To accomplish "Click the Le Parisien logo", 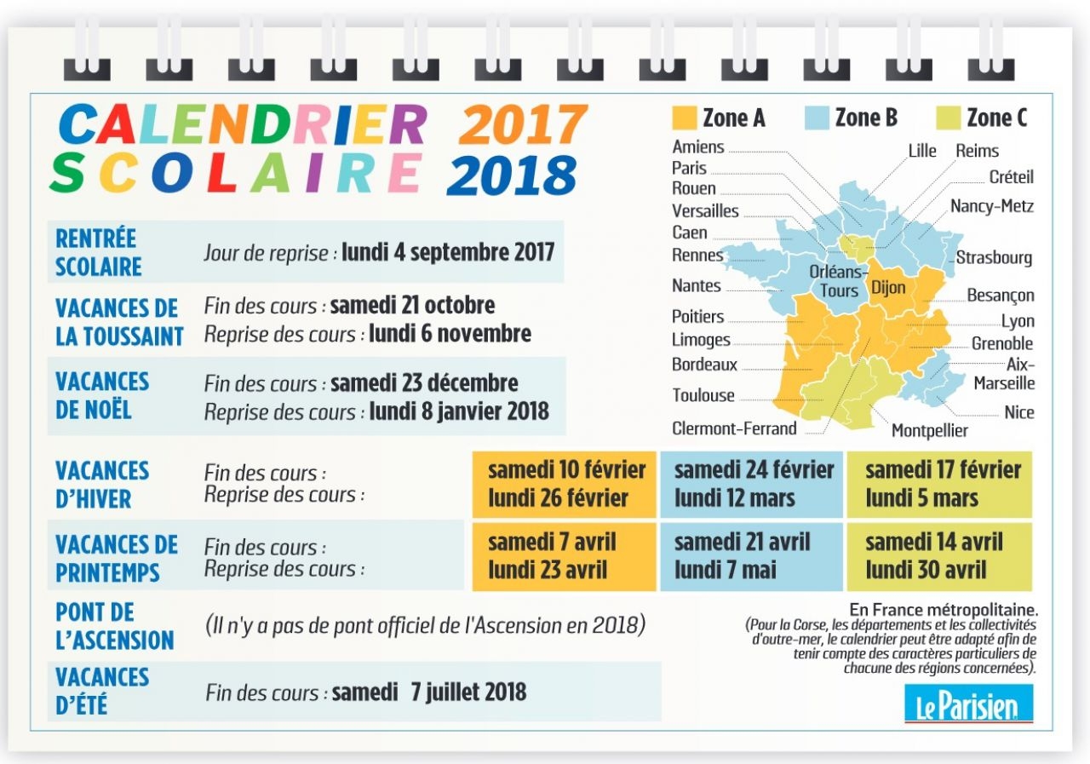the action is [968, 705].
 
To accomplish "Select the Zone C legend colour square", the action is [948, 118].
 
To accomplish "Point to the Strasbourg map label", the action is [994, 257].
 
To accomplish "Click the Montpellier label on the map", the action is [929, 430].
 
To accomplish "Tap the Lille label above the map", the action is [921, 151].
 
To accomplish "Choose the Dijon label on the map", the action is [888, 287].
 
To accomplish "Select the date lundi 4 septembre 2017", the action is [448, 252].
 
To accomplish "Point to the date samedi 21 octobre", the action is [412, 305].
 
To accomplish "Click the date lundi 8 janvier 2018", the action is [459, 411].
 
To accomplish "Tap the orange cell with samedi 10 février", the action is [565, 484].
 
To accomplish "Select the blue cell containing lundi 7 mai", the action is [751, 556].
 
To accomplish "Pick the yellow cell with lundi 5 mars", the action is [939, 484].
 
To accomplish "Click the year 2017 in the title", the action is [522, 125].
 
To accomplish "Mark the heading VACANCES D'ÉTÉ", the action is [102, 691].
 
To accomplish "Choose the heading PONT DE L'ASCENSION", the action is [114, 626].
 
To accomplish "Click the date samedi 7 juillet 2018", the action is [428, 692].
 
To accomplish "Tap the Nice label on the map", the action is [1018, 412].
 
